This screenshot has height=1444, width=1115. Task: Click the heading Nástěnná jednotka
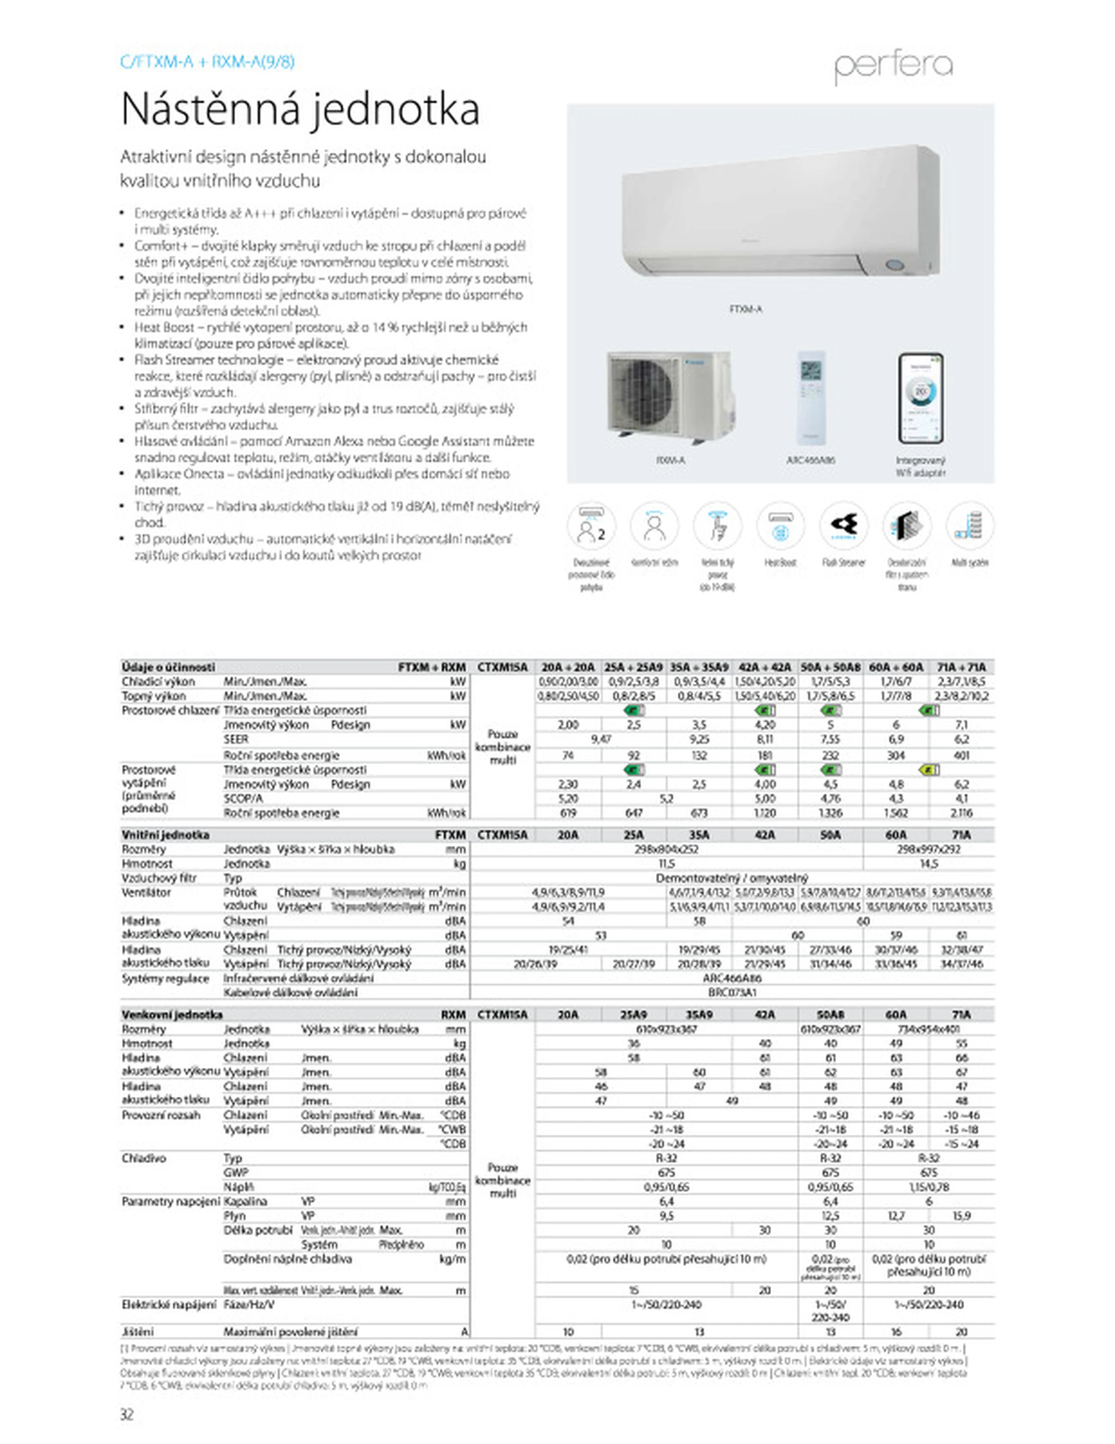[x=300, y=110]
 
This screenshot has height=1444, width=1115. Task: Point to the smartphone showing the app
[x=920, y=399]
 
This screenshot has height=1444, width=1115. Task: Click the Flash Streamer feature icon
[x=843, y=525]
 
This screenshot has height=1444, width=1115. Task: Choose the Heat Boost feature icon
[x=780, y=525]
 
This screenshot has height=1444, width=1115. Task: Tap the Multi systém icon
[x=970, y=525]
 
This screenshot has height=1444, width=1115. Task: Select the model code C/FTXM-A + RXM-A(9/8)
[x=207, y=62]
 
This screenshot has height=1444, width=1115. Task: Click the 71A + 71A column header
[x=962, y=667]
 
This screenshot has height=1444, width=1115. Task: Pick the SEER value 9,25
[x=699, y=739]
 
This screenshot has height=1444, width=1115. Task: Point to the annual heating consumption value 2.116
[x=962, y=813]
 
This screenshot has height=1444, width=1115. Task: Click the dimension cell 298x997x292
[x=929, y=850]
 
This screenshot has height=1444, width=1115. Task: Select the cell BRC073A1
[x=732, y=993]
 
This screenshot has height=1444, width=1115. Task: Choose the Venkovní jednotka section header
[x=172, y=1015]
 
